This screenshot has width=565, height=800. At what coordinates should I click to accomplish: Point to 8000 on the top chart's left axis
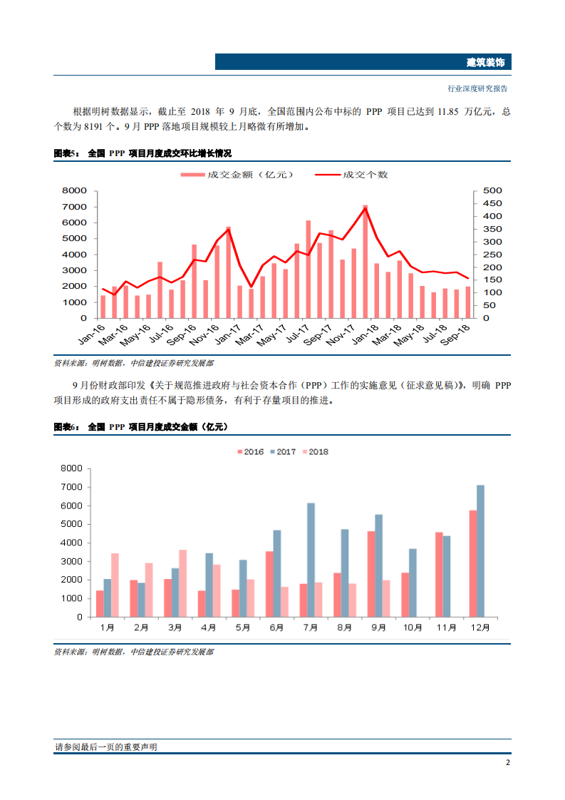click(74, 190)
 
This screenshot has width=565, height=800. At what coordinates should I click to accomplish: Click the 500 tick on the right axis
click(492, 190)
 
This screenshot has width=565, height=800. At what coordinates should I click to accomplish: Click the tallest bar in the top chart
click(366, 262)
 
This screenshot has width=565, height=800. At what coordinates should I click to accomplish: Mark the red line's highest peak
click(366, 207)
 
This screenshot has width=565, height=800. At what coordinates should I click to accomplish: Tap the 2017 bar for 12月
click(480, 550)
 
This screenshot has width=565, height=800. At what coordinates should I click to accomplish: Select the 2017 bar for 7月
click(311, 560)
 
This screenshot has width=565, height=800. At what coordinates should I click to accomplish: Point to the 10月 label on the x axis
click(412, 627)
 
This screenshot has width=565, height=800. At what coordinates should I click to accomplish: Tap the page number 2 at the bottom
click(507, 761)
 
